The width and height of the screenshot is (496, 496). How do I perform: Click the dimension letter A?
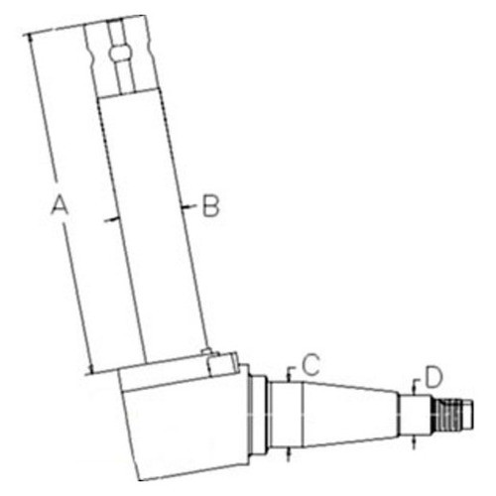(60, 205)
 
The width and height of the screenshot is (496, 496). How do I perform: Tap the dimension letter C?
(310, 364)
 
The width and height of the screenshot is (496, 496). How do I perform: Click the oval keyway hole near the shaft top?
(120, 52)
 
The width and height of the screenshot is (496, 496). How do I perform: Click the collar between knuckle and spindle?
(257, 417)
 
